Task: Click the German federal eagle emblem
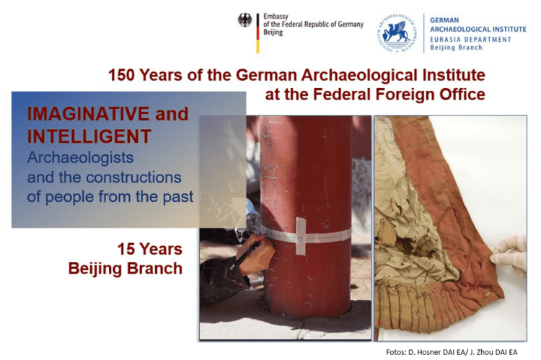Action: click(245, 20)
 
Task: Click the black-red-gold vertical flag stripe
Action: click(258, 33)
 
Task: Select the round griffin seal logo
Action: click(397, 33)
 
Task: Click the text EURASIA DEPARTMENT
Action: click(470, 40)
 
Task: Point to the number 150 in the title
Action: click(121, 75)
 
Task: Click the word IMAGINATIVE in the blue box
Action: click(88, 114)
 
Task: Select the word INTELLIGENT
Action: click(89, 136)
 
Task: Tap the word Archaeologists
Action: click(80, 158)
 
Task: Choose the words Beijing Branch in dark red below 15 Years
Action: click(126, 268)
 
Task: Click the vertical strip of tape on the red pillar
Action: click(301, 237)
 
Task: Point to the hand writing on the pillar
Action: click(255, 254)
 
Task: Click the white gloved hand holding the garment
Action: click(509, 255)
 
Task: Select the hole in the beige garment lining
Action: click(404, 245)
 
